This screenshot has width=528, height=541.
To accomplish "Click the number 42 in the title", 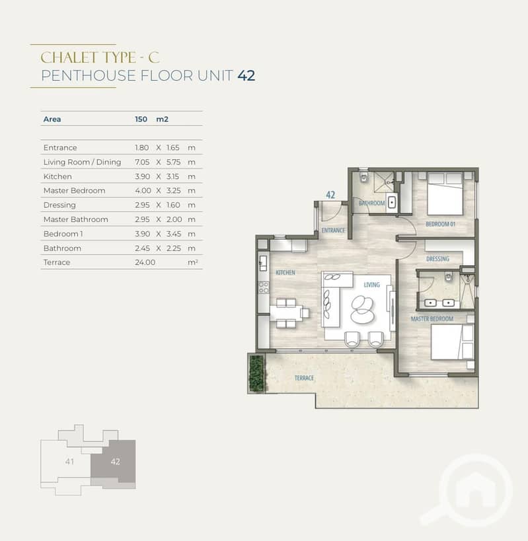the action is [x=246, y=75].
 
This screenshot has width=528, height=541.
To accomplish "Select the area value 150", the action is [x=141, y=119].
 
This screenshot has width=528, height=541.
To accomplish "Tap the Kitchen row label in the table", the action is [x=57, y=176].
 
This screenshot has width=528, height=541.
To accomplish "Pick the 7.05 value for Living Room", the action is [x=142, y=162].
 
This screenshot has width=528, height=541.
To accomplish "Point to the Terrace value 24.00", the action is [x=145, y=262].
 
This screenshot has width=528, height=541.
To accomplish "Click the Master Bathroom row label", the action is [x=75, y=219].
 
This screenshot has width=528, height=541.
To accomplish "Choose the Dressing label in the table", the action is [x=59, y=205].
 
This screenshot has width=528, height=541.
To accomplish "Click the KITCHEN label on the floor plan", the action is [x=285, y=273].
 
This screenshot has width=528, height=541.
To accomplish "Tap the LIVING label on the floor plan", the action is [x=371, y=285].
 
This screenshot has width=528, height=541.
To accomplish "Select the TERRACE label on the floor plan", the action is [x=304, y=378].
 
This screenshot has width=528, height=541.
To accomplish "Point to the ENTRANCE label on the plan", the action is [x=333, y=230].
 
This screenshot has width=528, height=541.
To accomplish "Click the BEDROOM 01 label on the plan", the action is [x=440, y=224].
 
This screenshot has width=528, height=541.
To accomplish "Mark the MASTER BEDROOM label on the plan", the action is [x=432, y=318].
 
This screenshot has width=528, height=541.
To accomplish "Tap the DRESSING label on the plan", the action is [x=437, y=258].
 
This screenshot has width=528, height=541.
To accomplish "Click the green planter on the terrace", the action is [x=256, y=373].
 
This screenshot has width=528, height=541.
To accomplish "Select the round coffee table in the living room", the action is [x=362, y=309].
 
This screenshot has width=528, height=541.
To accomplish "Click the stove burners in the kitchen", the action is [x=264, y=287].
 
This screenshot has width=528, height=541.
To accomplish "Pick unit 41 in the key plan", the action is [x=69, y=461].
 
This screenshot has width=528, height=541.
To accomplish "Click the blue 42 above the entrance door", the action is [x=330, y=195].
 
